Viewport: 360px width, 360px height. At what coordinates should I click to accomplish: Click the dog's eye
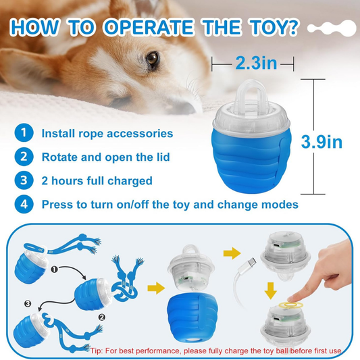(153, 58)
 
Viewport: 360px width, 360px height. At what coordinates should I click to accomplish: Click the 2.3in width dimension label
(256, 63)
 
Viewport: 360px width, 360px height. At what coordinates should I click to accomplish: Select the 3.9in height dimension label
(322, 142)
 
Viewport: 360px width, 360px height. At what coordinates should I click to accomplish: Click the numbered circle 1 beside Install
(24, 132)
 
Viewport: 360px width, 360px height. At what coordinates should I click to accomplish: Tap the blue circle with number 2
(24, 157)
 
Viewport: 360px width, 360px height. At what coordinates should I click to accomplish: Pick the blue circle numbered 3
(24, 180)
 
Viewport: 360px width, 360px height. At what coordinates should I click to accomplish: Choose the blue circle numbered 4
(24, 204)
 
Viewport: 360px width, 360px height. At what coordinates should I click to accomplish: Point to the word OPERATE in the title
(149, 27)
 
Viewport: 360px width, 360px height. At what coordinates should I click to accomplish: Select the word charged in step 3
(130, 181)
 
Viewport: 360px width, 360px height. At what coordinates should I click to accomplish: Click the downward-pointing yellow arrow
(270, 290)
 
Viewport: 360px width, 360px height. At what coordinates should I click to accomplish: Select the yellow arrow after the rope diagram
(156, 288)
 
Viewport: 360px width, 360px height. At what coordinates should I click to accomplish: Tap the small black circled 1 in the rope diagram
(54, 269)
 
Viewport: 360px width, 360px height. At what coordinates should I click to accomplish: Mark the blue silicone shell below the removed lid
(192, 317)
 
